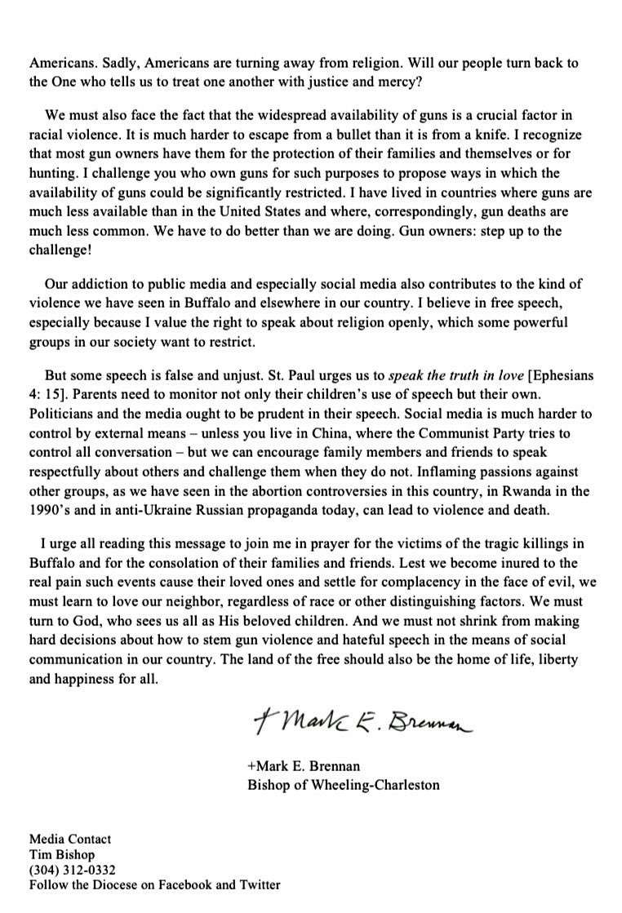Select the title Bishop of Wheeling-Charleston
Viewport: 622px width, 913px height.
[343, 785]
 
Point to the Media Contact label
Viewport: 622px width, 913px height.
[70, 839]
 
